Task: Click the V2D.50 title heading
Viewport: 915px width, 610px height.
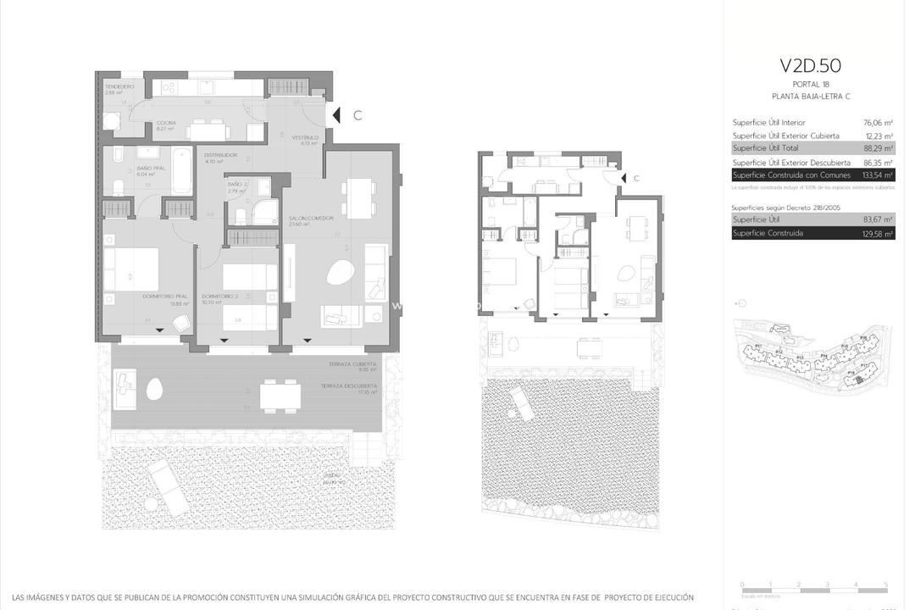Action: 810,66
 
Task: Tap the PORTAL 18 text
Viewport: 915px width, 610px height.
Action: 810,85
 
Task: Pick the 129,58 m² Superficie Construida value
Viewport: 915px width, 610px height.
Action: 878,233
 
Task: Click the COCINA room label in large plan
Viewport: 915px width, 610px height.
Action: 166,123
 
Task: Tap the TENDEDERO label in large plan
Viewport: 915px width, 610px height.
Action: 119,87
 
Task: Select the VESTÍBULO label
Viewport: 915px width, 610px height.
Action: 305,137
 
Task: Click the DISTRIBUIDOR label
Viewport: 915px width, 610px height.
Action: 221,155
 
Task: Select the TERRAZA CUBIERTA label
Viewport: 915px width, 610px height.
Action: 354,364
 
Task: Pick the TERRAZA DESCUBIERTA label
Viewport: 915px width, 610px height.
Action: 349,385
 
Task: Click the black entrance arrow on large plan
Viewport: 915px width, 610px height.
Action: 336,115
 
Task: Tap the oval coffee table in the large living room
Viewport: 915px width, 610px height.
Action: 340,273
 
